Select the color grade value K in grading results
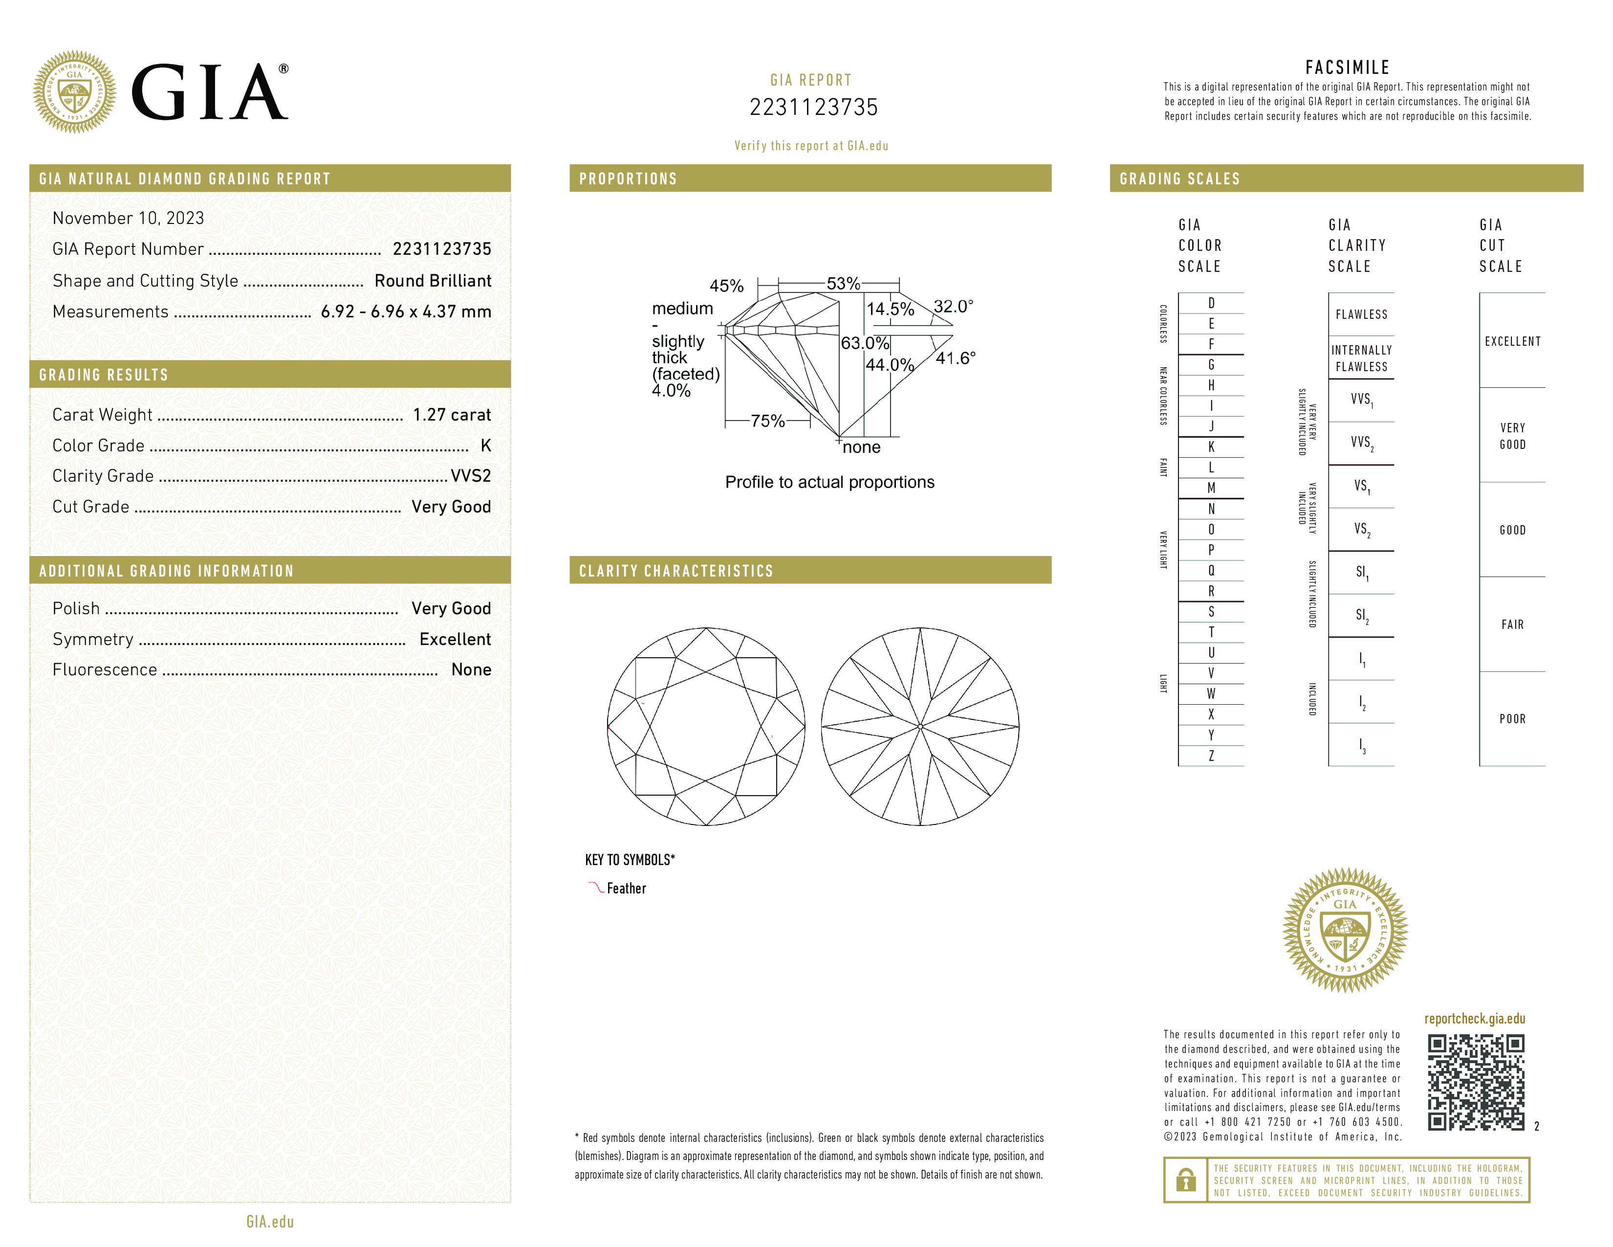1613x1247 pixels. tap(485, 445)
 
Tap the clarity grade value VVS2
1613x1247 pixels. tap(470, 476)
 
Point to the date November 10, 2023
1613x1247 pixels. tap(128, 218)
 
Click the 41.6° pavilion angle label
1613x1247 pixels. tap(955, 358)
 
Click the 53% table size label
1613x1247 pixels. tap(843, 284)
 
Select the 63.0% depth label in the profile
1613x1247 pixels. tap(864, 343)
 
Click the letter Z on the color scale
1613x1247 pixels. tap(1211, 756)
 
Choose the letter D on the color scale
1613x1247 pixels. tap(1211, 303)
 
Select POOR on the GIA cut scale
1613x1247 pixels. tap(1512, 719)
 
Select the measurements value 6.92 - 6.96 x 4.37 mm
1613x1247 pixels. tap(406, 312)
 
